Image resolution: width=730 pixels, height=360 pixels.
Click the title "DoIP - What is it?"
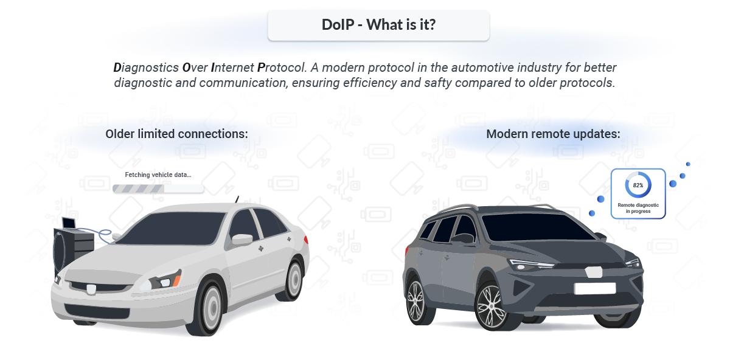(378, 26)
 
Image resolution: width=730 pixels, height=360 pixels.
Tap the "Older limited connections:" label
(176, 133)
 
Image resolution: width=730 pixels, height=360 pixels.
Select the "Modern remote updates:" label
(553, 134)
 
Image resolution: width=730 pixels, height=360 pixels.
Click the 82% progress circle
(638, 185)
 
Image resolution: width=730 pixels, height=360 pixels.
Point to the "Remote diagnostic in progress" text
(638, 208)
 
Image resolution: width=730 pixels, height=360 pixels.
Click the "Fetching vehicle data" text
(158, 175)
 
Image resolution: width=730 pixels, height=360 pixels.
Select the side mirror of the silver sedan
(242, 240)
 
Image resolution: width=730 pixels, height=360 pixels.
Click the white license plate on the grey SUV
(594, 288)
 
